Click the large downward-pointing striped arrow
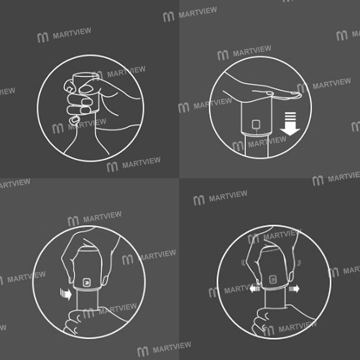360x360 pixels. click(290, 124)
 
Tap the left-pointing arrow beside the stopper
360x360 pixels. click(255, 288)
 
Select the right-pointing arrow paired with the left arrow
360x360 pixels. click(294, 288)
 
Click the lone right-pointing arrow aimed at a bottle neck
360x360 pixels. click(66, 294)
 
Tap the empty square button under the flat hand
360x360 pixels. click(256, 125)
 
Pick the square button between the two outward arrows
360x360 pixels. click(273, 279)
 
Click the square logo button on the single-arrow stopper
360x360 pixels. click(87, 282)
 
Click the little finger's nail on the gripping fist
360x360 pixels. click(74, 120)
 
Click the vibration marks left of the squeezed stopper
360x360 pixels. click(243, 263)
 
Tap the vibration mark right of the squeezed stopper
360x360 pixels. click(299, 263)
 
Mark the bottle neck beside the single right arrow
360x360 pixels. click(87, 300)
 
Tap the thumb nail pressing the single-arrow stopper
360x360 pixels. click(106, 280)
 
